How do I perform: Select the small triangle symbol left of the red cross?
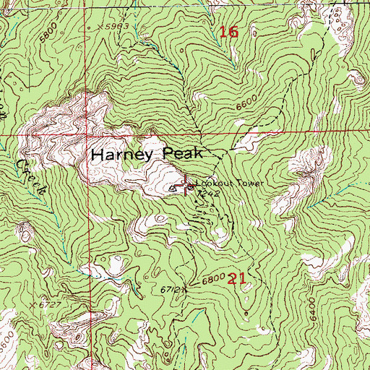[x=172, y=188]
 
